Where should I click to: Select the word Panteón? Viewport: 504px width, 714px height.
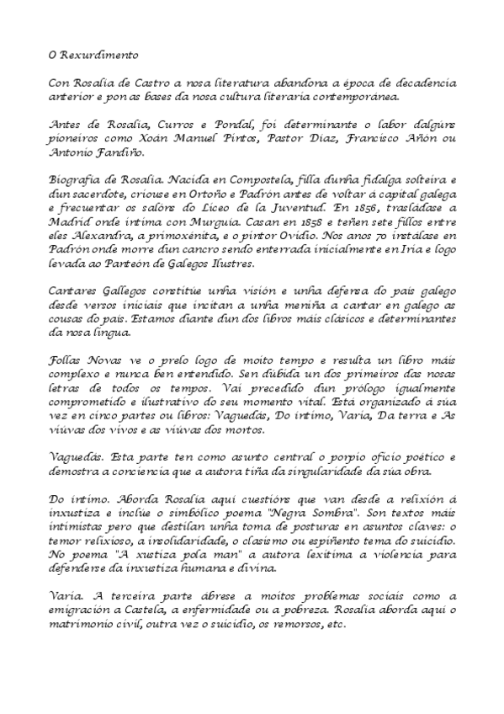pos(145,264)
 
